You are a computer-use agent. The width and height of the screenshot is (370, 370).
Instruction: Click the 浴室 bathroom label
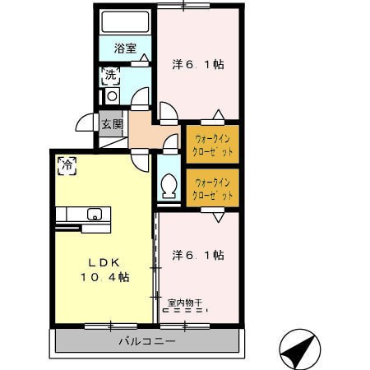[125, 49]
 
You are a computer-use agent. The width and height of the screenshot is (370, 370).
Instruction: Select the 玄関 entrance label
[112, 124]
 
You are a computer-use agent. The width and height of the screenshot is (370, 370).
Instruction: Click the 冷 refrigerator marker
[66, 164]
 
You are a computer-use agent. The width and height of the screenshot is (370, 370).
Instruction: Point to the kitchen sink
[94, 215]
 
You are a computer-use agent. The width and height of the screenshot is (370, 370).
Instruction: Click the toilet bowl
[169, 187]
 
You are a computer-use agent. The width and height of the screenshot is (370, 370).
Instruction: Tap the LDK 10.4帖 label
[104, 270]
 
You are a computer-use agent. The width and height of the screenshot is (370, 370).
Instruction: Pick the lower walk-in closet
[212, 187]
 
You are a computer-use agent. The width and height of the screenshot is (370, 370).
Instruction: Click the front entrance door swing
[85, 123]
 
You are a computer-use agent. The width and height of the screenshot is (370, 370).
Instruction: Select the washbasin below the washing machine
[111, 96]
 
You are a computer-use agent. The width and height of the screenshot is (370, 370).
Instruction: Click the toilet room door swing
[170, 143]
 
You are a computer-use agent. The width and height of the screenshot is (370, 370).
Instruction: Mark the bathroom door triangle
[144, 58]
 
